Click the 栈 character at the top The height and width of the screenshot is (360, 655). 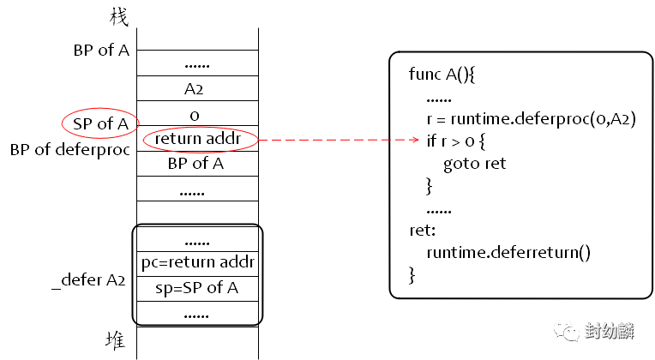[119, 16]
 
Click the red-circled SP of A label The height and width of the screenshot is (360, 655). [99, 125]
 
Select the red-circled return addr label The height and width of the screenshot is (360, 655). [200, 139]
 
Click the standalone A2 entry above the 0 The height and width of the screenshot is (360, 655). [195, 90]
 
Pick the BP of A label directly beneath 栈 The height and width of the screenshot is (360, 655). [104, 50]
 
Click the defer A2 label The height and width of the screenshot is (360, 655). [94, 279]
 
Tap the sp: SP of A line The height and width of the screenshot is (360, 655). [196, 288]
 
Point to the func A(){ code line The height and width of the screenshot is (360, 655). [442, 75]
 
